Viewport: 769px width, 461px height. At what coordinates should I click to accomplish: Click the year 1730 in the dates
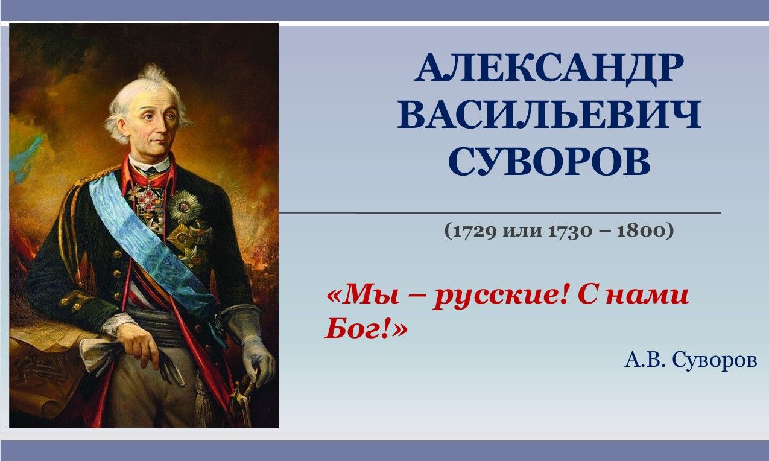pyautogui.click(x=570, y=230)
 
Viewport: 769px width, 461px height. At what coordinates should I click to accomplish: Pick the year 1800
pyautogui.click(x=641, y=230)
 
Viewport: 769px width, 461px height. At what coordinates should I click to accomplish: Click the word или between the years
pyautogui.click(x=522, y=231)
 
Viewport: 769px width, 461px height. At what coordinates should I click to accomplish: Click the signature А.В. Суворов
pyautogui.click(x=691, y=361)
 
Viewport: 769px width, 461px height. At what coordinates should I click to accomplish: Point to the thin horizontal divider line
pyautogui.click(x=500, y=213)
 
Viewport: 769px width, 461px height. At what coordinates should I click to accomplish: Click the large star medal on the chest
pyautogui.click(x=185, y=207)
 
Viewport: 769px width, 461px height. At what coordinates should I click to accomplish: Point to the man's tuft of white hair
pyautogui.click(x=154, y=74)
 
